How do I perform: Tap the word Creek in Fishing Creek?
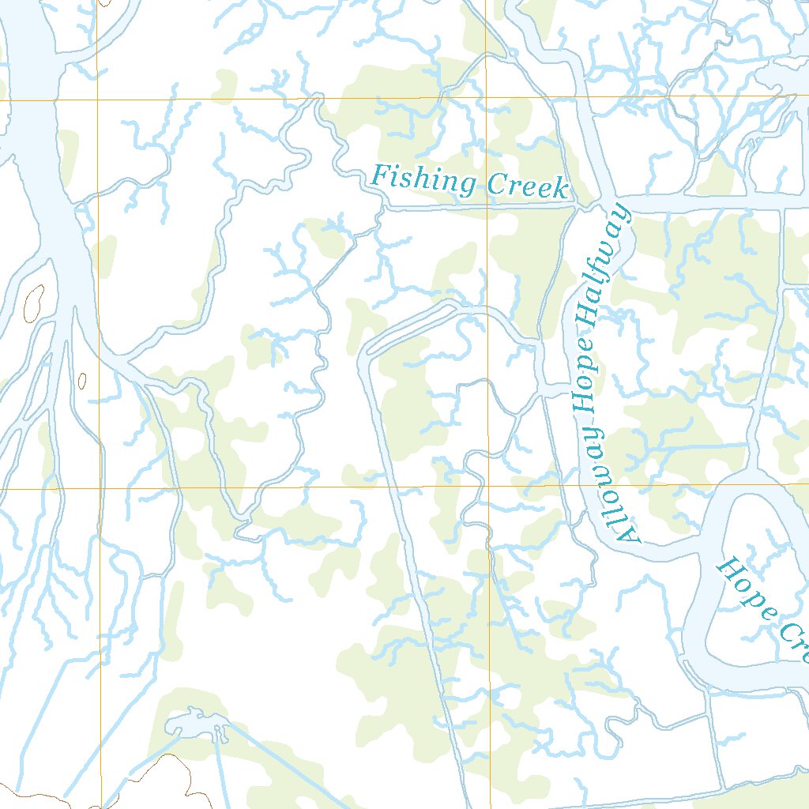click(528, 186)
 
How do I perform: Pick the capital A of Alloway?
click(630, 536)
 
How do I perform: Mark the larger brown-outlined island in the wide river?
click(35, 303)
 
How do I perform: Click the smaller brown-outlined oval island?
click(82, 381)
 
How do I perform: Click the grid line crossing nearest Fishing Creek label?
click(487, 97)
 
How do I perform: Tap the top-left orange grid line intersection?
click(98, 100)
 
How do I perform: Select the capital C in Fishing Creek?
click(497, 185)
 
